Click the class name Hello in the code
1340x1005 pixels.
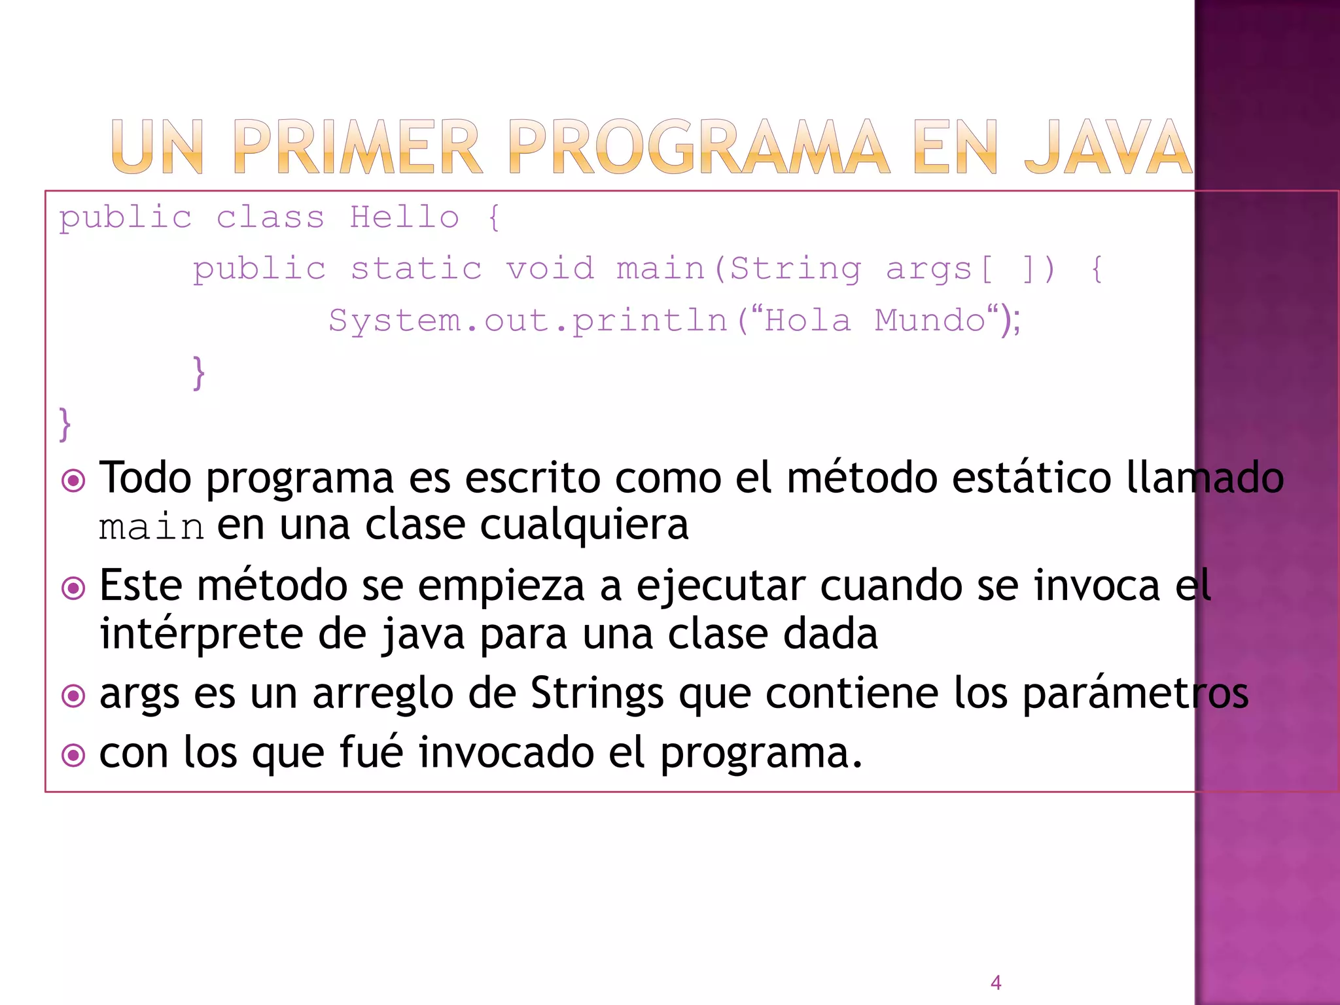pyautogui.click(x=404, y=217)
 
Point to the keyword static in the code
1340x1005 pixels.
pyautogui.click(x=416, y=269)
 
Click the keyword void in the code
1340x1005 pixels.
pyautogui.click(x=550, y=269)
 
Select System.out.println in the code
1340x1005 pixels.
pyautogui.click(x=527, y=321)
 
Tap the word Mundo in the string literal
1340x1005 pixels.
pyautogui.click(x=930, y=321)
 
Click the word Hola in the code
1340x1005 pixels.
pyautogui.click(x=807, y=321)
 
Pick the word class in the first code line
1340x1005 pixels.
pyautogui.click(x=270, y=217)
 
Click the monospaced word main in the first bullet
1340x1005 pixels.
pyautogui.click(x=151, y=527)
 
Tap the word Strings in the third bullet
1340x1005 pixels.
pyautogui.click(x=597, y=693)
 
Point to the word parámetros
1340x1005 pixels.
pyautogui.click(x=1135, y=693)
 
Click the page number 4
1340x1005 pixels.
pyautogui.click(x=996, y=982)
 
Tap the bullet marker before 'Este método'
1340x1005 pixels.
pyautogui.click(x=73, y=588)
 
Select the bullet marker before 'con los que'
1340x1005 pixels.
pyautogui.click(x=73, y=756)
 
